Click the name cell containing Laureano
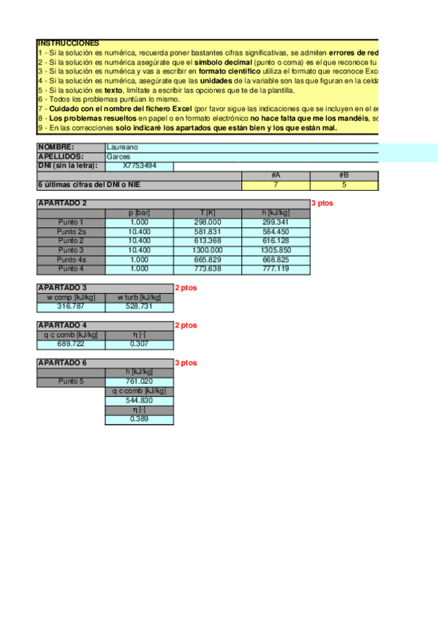coord(121,147)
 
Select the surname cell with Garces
coord(118,156)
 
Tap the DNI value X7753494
coord(139,166)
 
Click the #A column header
coord(276,175)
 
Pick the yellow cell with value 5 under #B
coord(344,185)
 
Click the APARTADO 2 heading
coord(62,203)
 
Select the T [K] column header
coord(208,213)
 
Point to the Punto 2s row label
coord(71,231)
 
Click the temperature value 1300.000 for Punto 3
coord(208,250)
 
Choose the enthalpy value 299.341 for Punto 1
coord(276,222)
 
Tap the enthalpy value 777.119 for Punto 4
coord(276,268)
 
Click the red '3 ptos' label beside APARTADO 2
coord(322,203)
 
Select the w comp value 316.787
coord(71,306)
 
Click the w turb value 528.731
coord(139,306)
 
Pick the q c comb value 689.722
coord(71,344)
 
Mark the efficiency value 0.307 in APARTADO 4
coord(139,344)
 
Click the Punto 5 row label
coord(71,381)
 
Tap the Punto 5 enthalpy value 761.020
coord(139,381)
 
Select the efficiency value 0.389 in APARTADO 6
coord(139,419)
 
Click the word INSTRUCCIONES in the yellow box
coord(68,44)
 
